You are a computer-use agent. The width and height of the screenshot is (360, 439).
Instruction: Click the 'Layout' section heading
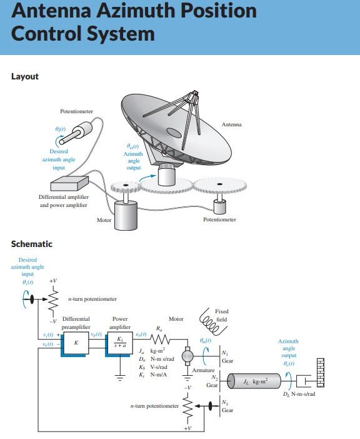pos(25,76)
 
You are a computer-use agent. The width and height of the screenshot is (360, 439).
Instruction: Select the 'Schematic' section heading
pos(32,244)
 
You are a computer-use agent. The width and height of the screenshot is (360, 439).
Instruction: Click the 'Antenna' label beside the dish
pos(231,124)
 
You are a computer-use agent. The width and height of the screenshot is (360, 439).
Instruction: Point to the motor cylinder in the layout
pos(129,218)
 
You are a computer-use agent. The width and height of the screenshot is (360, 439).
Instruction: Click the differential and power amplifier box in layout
pos(69,183)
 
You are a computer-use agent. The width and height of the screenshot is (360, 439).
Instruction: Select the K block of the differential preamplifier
pos(76,343)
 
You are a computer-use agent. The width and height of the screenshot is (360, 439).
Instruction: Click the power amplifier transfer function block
pos(120,343)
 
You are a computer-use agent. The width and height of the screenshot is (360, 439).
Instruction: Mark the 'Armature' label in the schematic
pos(203,370)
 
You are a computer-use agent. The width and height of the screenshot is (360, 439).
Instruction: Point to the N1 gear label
pos(226,357)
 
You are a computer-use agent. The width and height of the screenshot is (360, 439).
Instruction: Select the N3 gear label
pos(227,407)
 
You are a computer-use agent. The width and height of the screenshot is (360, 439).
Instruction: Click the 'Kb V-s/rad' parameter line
pos(153,368)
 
